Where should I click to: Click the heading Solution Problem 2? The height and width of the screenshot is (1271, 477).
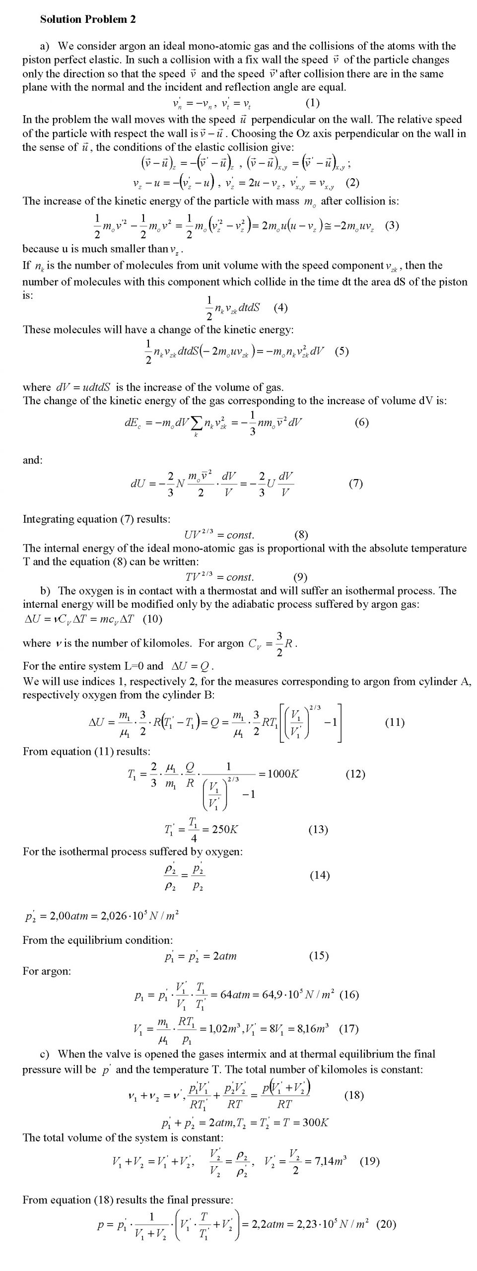[x=88, y=19]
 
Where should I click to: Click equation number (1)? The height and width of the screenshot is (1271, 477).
[x=312, y=103]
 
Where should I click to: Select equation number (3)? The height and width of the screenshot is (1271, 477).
[x=392, y=225]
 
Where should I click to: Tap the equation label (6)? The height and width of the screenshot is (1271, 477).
[x=362, y=423]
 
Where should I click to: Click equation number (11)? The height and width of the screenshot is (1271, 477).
[x=395, y=722]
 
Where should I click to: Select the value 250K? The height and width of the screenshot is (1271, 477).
[x=225, y=829]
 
